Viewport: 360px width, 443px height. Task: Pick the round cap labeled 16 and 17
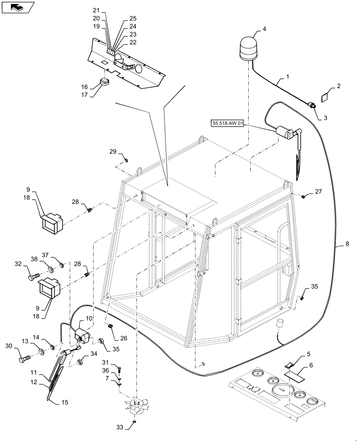(x=105, y=82)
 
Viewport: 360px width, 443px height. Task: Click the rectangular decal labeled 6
(x=295, y=376)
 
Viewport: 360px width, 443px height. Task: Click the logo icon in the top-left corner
(x=17, y=7)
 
